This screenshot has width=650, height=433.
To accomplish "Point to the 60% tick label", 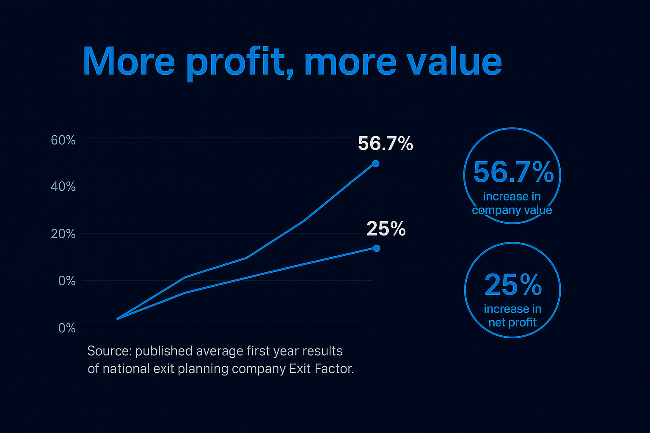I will coord(63,140).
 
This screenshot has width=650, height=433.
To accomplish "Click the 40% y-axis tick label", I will coord(63,186).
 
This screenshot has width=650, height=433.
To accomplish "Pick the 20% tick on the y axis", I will coord(63,234).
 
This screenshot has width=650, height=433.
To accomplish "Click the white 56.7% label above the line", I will coord(385,144).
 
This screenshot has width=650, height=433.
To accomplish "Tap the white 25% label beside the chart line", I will coord(386,229).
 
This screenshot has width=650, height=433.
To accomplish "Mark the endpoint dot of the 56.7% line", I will coord(375,164).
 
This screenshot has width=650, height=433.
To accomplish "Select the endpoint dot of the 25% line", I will coord(376,248).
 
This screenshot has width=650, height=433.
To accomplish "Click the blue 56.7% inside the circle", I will coord(513,172).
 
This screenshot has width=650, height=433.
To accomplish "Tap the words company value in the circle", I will coord(512,210).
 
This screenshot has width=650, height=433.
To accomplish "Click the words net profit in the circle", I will coord(512,323).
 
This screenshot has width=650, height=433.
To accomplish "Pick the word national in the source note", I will coord(126,369).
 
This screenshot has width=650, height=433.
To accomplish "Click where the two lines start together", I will coord(117,319).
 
